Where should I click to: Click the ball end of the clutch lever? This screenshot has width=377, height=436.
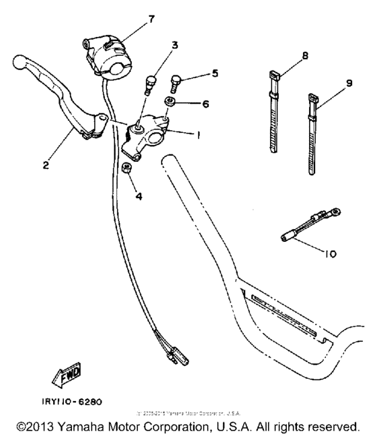click(x=20, y=64)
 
